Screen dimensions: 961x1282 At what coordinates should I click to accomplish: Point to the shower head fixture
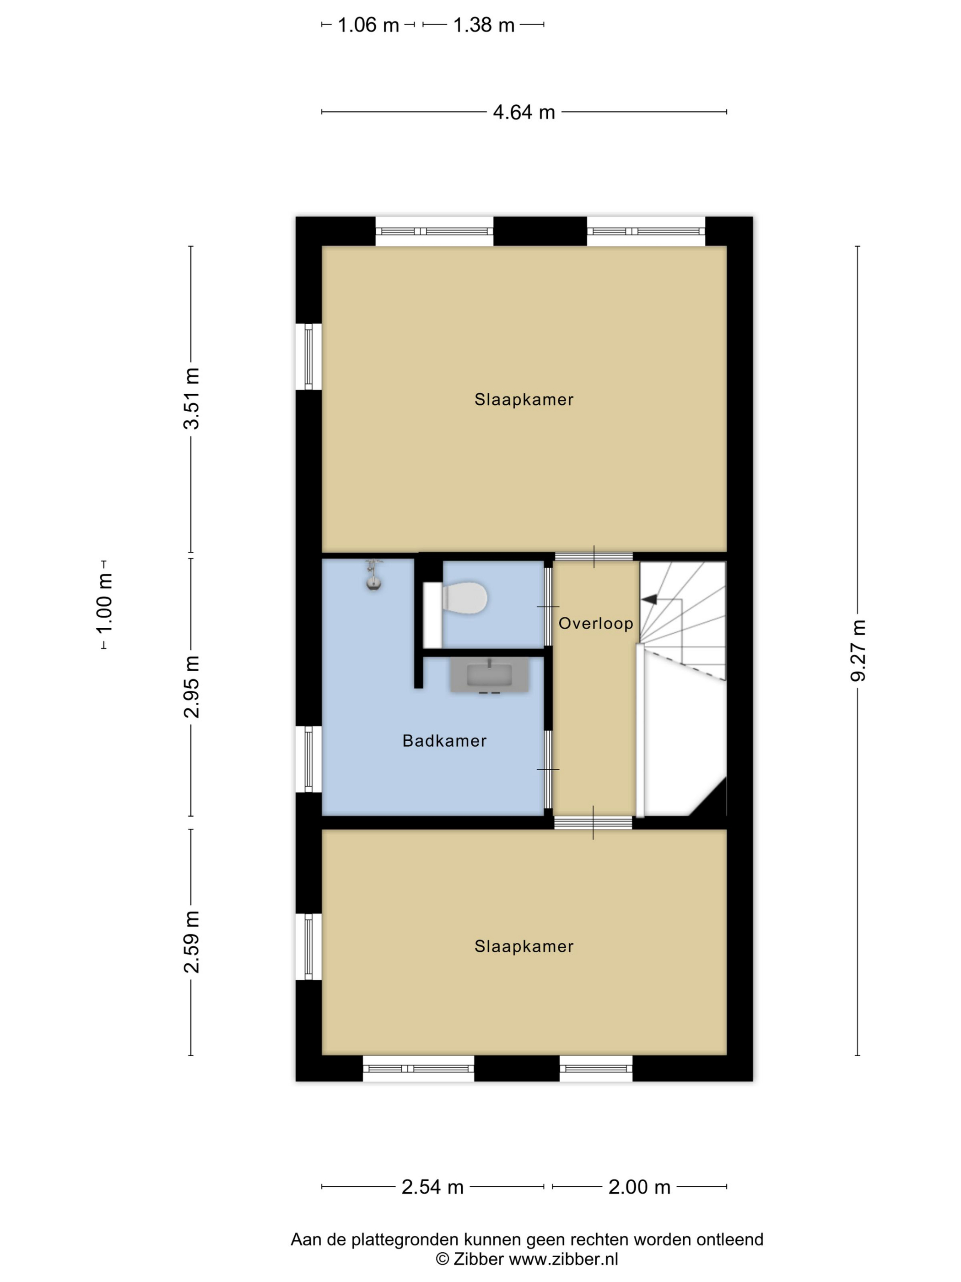click(x=373, y=575)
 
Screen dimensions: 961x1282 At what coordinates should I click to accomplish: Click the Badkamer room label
click(x=444, y=741)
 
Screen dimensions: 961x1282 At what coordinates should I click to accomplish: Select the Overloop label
click(x=595, y=623)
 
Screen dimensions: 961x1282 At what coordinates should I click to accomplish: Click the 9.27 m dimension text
click(x=858, y=650)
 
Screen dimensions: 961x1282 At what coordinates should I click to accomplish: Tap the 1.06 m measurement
click(x=368, y=25)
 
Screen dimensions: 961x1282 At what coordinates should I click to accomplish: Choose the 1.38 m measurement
click(x=484, y=25)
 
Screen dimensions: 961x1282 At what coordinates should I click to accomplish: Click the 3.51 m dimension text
click(x=191, y=398)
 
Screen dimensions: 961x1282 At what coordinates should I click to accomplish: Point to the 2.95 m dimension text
click(x=191, y=687)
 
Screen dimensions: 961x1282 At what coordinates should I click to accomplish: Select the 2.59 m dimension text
click(x=191, y=941)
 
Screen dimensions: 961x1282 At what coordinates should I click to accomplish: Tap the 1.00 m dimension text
click(x=104, y=604)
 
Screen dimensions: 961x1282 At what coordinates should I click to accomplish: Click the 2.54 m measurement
click(x=433, y=1187)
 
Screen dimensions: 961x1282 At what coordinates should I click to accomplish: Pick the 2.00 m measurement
click(x=639, y=1187)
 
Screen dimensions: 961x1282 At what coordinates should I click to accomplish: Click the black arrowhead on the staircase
click(x=649, y=599)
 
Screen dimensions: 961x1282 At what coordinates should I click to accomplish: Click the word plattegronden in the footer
click(x=404, y=1240)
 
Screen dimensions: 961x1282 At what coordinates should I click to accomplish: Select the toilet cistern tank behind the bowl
click(x=432, y=615)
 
